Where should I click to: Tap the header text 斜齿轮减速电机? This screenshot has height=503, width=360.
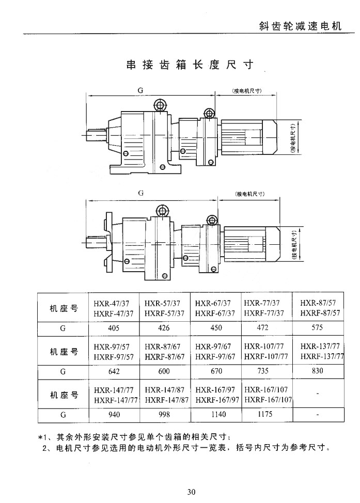pos(300,26)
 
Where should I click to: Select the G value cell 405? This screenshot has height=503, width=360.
pos(114,327)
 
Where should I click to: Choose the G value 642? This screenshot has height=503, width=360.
pos(114,371)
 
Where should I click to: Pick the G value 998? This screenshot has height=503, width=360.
pos(165,414)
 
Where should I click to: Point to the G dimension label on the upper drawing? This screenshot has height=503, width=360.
pos(140,89)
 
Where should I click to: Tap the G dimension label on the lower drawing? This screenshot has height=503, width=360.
pos(140,193)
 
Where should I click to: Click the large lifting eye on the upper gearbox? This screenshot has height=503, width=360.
pos(160,106)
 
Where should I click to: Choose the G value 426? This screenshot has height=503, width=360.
pos(165,327)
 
